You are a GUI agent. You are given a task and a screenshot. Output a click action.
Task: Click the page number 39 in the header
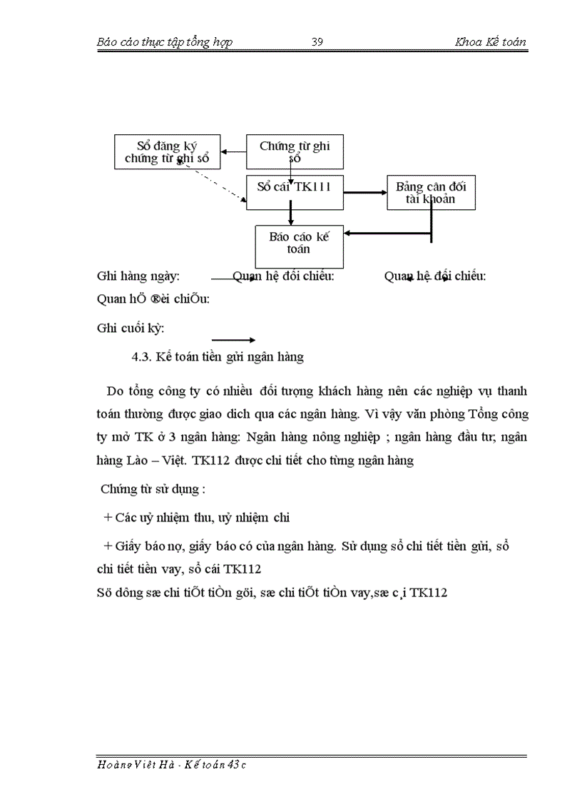click(318, 41)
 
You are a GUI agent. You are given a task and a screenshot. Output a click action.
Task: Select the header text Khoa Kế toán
click(490, 41)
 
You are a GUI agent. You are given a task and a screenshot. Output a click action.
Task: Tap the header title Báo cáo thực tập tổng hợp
click(164, 41)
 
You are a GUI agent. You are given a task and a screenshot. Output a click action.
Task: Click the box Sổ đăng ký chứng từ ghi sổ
click(167, 151)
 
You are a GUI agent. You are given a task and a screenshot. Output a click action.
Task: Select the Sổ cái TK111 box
click(294, 191)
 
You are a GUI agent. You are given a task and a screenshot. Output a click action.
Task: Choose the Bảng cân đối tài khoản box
click(431, 193)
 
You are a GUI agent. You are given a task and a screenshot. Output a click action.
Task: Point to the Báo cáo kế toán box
click(300, 245)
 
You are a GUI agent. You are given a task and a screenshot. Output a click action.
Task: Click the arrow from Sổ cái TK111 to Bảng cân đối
click(364, 192)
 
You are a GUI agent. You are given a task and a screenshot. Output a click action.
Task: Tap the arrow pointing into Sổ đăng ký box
click(233, 151)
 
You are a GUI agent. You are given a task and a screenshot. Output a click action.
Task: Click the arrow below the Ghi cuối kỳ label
click(233, 340)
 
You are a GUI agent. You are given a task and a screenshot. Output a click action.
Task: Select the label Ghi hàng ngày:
click(138, 276)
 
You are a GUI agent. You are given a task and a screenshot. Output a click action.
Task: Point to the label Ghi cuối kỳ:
click(130, 329)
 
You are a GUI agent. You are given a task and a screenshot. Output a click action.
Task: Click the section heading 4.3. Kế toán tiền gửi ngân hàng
click(213, 357)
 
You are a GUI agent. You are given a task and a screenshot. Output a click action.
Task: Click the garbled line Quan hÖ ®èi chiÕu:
click(153, 299)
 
